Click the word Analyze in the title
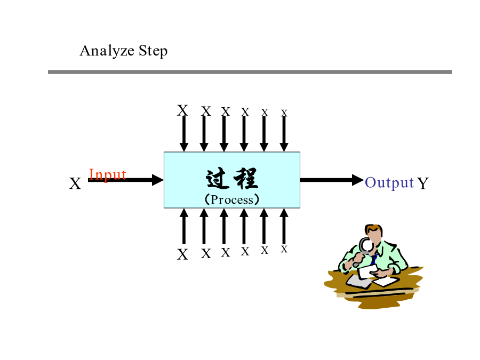tap(107, 51)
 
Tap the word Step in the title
tap(153, 51)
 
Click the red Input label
tap(107, 175)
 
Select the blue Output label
tap(389, 183)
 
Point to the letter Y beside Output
tap(423, 183)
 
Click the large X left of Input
tap(75, 183)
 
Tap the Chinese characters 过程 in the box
tap(232, 179)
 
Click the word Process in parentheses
tap(232, 199)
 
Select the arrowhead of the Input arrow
tap(158, 180)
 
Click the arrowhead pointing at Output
tap(358, 180)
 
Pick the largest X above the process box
tap(182, 110)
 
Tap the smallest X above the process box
tap(284, 113)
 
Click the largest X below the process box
tap(182, 254)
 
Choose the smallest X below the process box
tap(284, 249)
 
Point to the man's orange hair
tap(373, 229)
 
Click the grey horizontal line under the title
tap(250, 72)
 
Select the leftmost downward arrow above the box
tap(183, 134)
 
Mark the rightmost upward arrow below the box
tap(284, 226)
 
